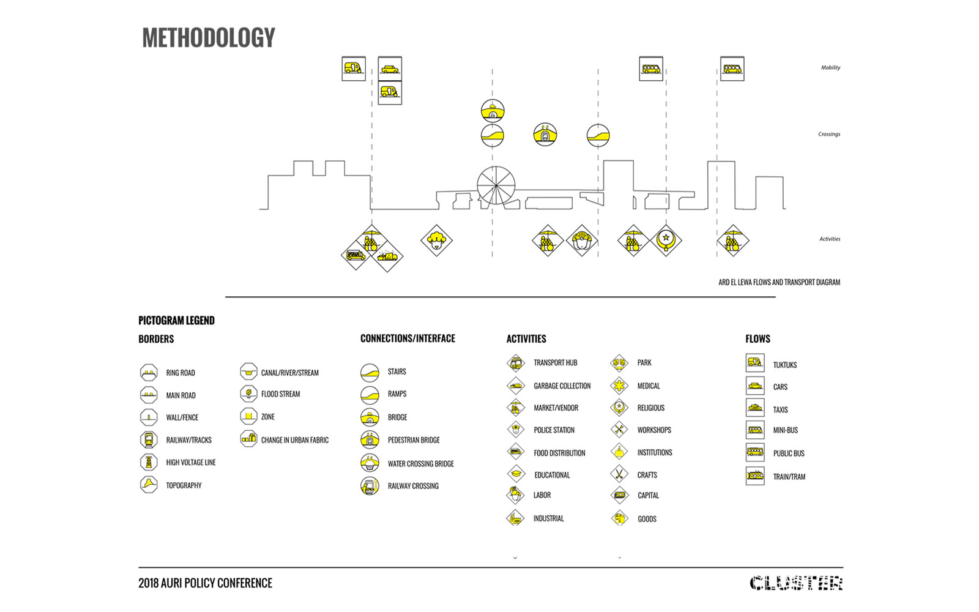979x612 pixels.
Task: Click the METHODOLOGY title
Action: click(209, 37)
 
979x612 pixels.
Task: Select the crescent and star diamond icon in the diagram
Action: click(666, 240)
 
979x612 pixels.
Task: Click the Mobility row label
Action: click(830, 67)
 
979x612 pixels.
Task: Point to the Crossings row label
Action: click(829, 134)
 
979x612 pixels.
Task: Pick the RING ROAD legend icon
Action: click(149, 373)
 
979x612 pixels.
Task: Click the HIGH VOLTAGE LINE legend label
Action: click(190, 463)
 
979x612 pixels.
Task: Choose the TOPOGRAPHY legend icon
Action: click(149, 485)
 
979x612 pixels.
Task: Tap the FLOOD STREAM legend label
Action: click(281, 394)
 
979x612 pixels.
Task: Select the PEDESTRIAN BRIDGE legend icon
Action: click(370, 440)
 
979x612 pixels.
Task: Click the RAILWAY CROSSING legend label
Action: click(413, 486)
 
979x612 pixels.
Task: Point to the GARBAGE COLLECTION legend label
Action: click(562, 386)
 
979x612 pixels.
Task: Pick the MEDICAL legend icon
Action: click(619, 386)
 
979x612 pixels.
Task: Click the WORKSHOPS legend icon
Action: click(619, 429)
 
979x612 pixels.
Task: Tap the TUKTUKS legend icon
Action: click(755, 363)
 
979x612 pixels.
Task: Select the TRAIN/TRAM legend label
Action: click(789, 477)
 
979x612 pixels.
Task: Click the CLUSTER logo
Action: click(796, 583)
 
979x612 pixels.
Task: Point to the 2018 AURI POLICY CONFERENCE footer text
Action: click(206, 583)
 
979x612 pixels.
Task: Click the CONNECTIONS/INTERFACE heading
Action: click(408, 338)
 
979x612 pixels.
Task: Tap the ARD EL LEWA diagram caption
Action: click(780, 282)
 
